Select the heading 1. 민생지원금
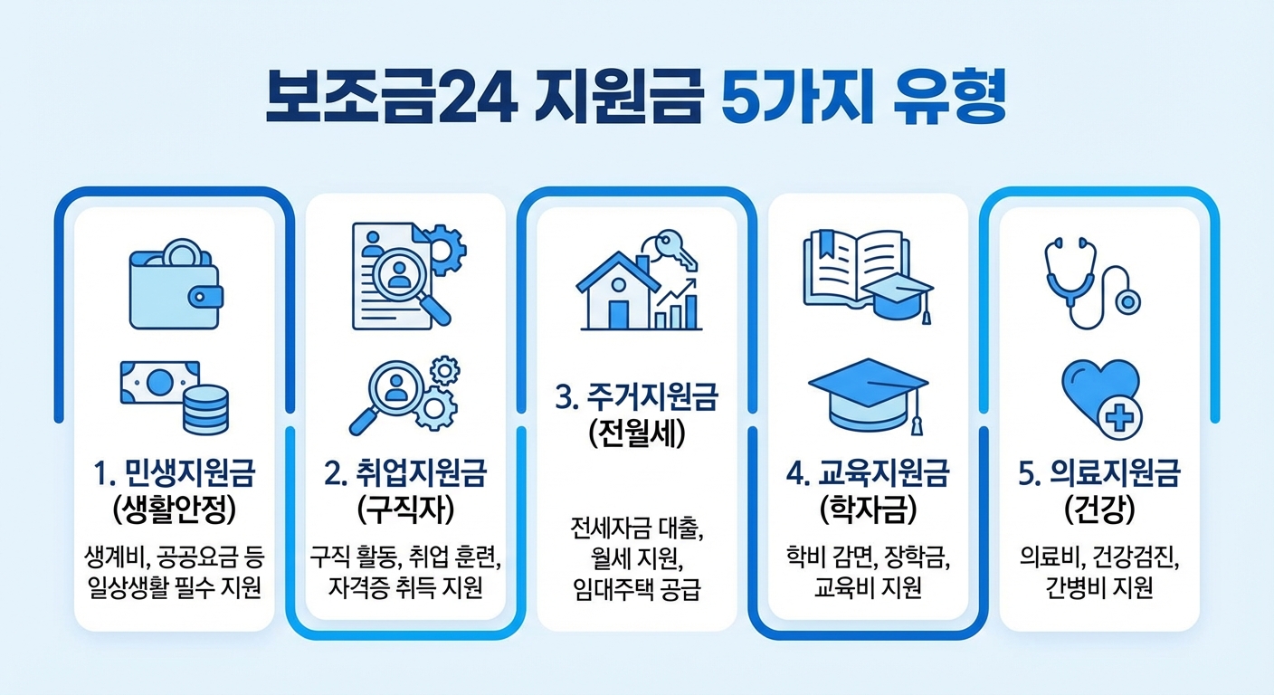point(174,473)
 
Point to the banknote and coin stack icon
point(175,395)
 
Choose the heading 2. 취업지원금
point(404,473)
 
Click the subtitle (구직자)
point(404,509)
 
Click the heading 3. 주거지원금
point(637,396)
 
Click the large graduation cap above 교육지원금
point(868,395)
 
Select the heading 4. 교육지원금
point(868,473)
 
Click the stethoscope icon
point(1091,280)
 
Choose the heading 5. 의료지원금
point(1098,473)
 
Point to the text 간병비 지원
point(1098,590)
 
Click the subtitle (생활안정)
point(174,509)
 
